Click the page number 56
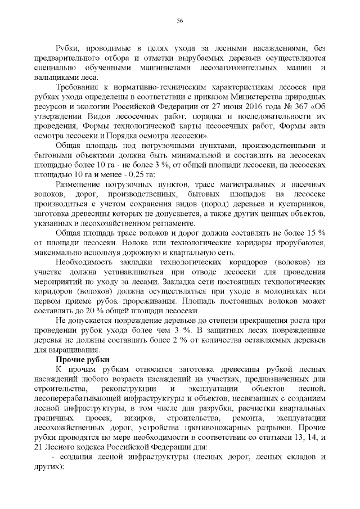pos(180,21)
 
